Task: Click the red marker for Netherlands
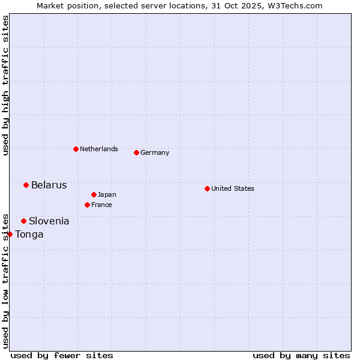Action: coord(76,149)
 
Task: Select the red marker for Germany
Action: coord(136,152)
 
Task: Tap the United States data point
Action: coord(207,188)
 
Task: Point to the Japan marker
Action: coord(94,194)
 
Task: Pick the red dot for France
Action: coord(87,205)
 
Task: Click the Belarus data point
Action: coord(26,185)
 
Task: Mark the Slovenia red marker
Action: coord(23,221)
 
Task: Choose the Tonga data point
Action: coord(10,234)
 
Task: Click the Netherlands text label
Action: coord(99,149)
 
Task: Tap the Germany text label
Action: coord(155,152)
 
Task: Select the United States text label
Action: coord(233,188)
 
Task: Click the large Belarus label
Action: coord(49,185)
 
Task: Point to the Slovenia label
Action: coord(49,221)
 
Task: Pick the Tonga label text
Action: coord(29,234)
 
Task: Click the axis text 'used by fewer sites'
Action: coord(62,355)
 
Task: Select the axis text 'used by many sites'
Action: coord(301,355)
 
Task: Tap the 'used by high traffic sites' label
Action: coord(5,85)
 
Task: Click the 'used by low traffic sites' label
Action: coord(5,280)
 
